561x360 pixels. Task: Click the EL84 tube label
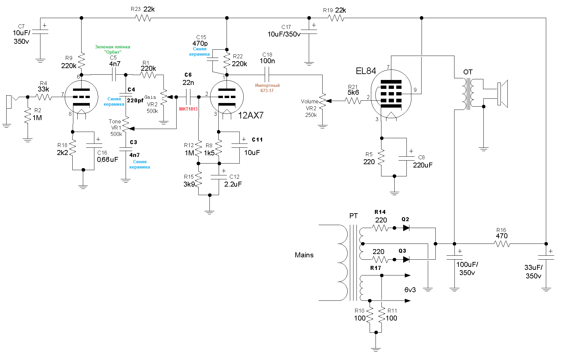coord(366,71)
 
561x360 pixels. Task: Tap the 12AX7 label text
coord(251,115)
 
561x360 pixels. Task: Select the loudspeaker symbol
coord(502,94)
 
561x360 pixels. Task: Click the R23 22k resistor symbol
coord(143,18)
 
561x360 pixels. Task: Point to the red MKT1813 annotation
coord(188,109)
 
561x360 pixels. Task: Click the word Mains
coord(304,255)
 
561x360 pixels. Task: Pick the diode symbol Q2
coord(406,228)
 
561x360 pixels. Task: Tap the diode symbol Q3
coord(406,260)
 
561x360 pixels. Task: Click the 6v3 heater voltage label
coord(410,290)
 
